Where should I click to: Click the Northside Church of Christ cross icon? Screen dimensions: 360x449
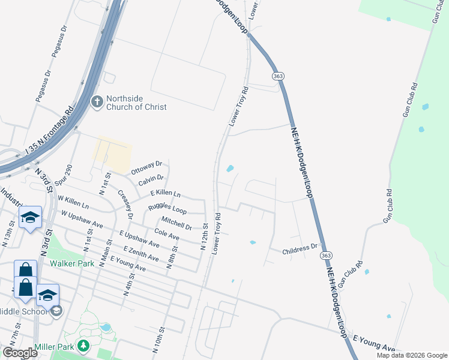point(97,102)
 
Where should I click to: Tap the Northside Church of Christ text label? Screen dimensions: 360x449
point(136,103)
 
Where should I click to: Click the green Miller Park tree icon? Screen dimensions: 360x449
point(84,346)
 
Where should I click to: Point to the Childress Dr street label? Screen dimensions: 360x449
point(300,247)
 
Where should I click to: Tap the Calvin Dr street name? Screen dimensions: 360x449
point(151,179)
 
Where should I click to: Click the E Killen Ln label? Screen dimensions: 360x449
point(165,193)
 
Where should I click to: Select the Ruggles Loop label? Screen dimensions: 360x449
point(167,210)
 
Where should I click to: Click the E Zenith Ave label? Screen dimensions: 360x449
point(141,253)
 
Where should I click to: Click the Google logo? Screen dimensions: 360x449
point(20,353)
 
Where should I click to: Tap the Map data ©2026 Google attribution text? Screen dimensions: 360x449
point(411,355)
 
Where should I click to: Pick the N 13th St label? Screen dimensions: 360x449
point(8,235)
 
